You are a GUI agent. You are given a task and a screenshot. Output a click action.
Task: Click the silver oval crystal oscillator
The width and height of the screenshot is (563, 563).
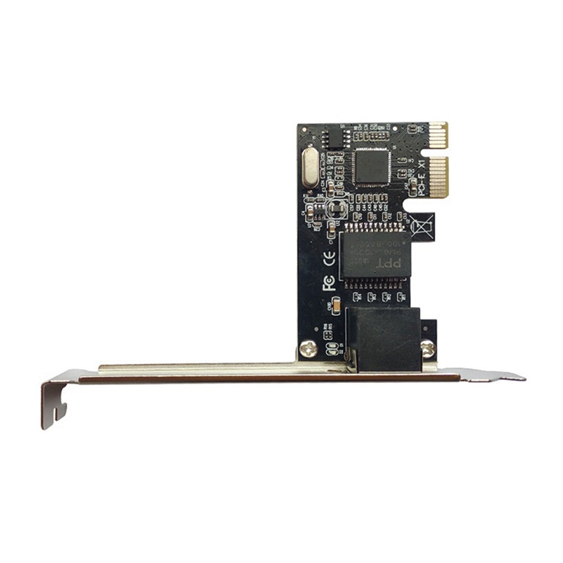(310, 166)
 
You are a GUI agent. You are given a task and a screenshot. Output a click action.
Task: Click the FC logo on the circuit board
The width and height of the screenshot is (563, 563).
(328, 283)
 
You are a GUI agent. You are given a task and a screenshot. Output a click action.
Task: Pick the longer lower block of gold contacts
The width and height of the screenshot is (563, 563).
(437, 176)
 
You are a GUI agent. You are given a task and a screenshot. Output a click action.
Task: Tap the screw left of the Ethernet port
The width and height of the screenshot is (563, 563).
(308, 346)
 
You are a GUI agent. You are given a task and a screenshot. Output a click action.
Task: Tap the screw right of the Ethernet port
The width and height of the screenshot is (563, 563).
(427, 347)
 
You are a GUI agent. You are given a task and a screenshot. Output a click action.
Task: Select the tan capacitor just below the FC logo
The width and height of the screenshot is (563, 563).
(336, 305)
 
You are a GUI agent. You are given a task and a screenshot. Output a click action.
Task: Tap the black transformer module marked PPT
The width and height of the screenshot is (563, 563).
(374, 255)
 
